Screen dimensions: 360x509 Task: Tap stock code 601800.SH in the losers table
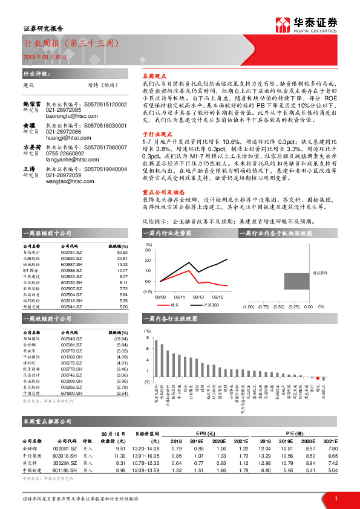pos(71,394)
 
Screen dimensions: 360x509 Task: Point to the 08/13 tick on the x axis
pos(198,297)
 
